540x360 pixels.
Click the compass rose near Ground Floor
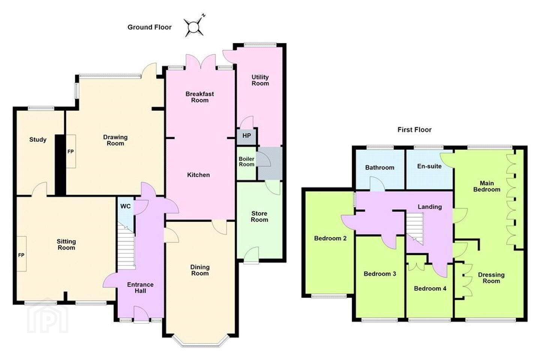coord(193,27)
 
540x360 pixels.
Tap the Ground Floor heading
coord(150,27)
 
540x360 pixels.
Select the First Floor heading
coord(414,130)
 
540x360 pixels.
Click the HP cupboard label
coord(247,136)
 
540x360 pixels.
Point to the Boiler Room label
coord(246,162)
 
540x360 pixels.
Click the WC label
coord(125,206)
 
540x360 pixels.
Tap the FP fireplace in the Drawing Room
coord(71,151)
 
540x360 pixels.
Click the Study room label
coord(38,139)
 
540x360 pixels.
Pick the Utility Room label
coord(260,80)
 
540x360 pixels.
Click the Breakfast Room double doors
coord(200,62)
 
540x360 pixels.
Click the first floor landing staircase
coord(415,229)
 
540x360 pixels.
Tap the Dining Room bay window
coord(200,341)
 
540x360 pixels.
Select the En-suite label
coord(429,166)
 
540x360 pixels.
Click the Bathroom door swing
coord(377,184)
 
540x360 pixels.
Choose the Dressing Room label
coord(491,278)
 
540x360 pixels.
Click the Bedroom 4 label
coord(430,288)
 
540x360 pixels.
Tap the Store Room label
coord(259,216)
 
